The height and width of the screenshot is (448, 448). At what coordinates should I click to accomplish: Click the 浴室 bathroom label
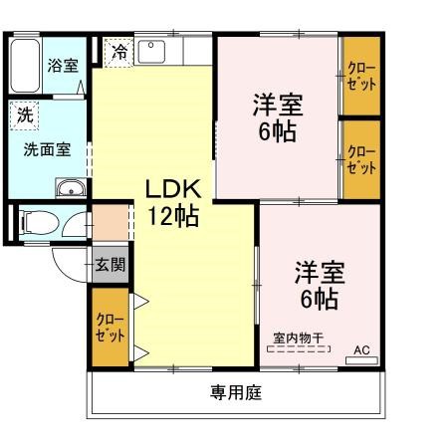click(63, 65)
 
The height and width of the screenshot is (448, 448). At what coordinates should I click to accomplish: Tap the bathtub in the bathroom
click(26, 67)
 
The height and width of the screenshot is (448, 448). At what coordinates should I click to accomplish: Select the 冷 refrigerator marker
click(119, 50)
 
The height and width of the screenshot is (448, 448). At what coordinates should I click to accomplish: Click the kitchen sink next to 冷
click(150, 51)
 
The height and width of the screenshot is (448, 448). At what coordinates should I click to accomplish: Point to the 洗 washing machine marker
click(24, 114)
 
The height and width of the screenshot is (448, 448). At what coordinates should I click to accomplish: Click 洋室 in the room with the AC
click(319, 272)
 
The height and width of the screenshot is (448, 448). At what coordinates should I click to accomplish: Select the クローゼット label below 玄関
click(111, 328)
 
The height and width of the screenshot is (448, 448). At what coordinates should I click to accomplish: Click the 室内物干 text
click(298, 338)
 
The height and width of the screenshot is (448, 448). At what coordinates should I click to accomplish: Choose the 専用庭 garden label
click(236, 392)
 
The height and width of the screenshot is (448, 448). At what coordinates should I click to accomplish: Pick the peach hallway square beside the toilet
click(111, 220)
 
